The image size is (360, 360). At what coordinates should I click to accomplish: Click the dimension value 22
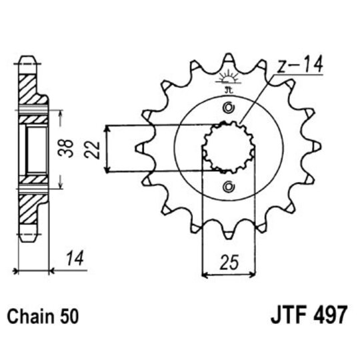[95, 148]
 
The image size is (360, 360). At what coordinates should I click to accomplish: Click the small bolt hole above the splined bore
[229, 109]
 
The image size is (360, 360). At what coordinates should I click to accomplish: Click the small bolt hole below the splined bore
[229, 186]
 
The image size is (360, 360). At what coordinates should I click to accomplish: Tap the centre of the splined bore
[229, 148]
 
